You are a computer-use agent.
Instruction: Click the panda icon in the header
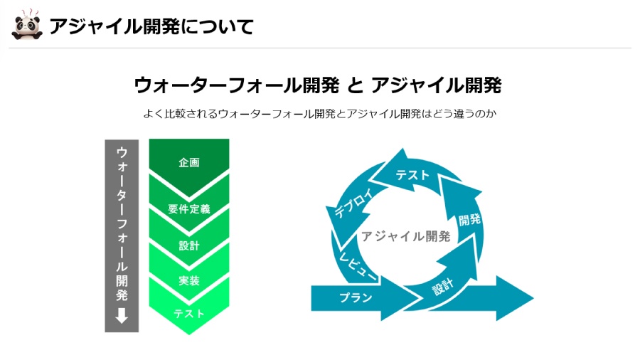(26, 26)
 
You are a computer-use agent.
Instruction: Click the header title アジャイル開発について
(151, 27)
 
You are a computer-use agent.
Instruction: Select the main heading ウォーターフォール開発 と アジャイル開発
(317, 85)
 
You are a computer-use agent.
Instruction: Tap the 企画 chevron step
(189, 162)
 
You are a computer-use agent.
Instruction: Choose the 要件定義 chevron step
(189, 209)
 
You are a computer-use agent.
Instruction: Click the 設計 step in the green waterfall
(189, 245)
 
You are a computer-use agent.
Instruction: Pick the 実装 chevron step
(189, 281)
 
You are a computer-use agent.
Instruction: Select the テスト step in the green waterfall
(189, 314)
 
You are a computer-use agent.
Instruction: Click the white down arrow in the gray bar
(122, 315)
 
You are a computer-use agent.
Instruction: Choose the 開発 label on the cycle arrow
(469, 220)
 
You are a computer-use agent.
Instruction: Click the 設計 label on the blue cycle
(442, 287)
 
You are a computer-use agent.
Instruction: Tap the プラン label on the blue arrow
(355, 297)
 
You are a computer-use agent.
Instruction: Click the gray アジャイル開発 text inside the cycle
(405, 236)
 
